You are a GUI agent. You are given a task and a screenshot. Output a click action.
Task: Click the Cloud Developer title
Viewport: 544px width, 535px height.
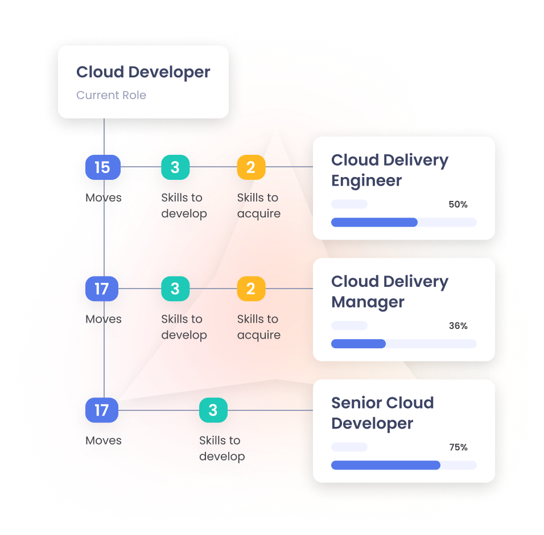coord(143,72)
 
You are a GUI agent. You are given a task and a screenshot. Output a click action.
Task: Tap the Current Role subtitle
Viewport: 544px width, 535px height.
coord(111,95)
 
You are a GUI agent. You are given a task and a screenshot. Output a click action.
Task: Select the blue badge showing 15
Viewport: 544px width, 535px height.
coord(102,167)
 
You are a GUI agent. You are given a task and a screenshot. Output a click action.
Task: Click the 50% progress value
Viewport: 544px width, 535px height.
coord(458,204)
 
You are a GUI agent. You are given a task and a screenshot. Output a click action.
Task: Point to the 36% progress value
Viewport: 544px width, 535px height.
coord(458,326)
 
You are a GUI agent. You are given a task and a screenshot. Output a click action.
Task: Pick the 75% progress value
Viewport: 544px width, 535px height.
coord(458,447)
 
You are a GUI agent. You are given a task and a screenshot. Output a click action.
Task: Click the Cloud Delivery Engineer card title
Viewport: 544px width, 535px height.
coord(389,170)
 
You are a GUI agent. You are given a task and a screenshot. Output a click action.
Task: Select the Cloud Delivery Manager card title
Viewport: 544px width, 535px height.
coord(389,291)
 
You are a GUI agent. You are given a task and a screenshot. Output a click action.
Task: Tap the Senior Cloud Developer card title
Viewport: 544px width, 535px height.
coord(382,413)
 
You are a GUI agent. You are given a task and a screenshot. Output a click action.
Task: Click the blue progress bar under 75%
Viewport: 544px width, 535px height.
coord(385,465)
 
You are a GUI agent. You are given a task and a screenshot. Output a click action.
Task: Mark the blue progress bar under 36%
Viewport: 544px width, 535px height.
coord(358,344)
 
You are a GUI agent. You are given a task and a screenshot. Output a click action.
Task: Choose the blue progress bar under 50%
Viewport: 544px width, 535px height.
coord(374,223)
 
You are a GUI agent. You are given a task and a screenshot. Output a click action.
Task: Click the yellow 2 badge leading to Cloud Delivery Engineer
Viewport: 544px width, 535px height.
coord(251,167)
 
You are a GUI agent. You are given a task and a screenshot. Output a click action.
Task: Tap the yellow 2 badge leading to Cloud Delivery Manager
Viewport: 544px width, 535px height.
coord(251,289)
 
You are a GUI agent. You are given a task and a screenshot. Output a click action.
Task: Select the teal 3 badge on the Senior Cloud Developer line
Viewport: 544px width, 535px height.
coord(213,410)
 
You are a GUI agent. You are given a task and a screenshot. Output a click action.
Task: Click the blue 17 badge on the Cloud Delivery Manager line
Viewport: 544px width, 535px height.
coord(102,289)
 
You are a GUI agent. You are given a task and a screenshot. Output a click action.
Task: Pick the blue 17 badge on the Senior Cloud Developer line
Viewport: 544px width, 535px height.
coord(102,410)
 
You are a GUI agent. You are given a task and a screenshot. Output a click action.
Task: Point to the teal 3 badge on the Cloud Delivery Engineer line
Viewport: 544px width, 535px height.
coord(175,167)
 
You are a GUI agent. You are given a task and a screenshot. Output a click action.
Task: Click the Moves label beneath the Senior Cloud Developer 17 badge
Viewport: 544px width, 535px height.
coord(104,441)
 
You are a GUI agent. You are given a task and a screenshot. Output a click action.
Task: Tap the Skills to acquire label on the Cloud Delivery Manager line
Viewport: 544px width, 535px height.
coord(258,327)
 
